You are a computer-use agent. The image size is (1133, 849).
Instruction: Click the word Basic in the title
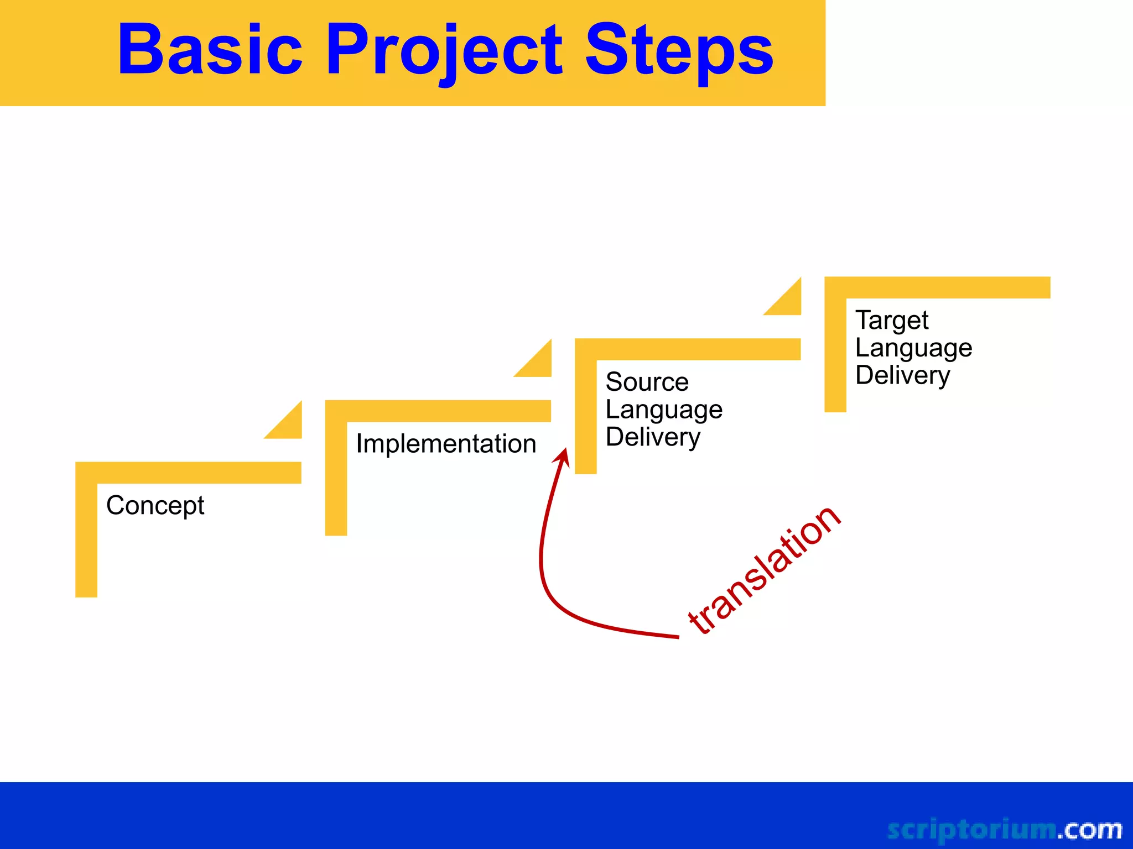pos(210,50)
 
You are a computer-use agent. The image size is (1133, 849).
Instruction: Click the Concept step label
pos(155,505)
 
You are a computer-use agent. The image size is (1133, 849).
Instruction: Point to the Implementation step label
pos(446,444)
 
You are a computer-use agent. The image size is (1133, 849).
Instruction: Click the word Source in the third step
pos(647,382)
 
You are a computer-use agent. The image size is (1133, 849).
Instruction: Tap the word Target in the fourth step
pos(892,321)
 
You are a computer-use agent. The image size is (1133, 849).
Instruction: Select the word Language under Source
pos(664,410)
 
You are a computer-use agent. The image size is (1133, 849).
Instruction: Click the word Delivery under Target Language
pos(902,375)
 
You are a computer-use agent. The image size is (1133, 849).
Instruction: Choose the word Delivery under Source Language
pos(653,437)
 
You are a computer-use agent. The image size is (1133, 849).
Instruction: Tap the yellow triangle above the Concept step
pos(289,426)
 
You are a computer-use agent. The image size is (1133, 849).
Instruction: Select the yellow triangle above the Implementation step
pos(539,364)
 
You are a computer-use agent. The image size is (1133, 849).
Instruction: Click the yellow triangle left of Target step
pos(788,302)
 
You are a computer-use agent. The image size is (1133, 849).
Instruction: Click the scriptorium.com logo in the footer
pos(1004,829)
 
